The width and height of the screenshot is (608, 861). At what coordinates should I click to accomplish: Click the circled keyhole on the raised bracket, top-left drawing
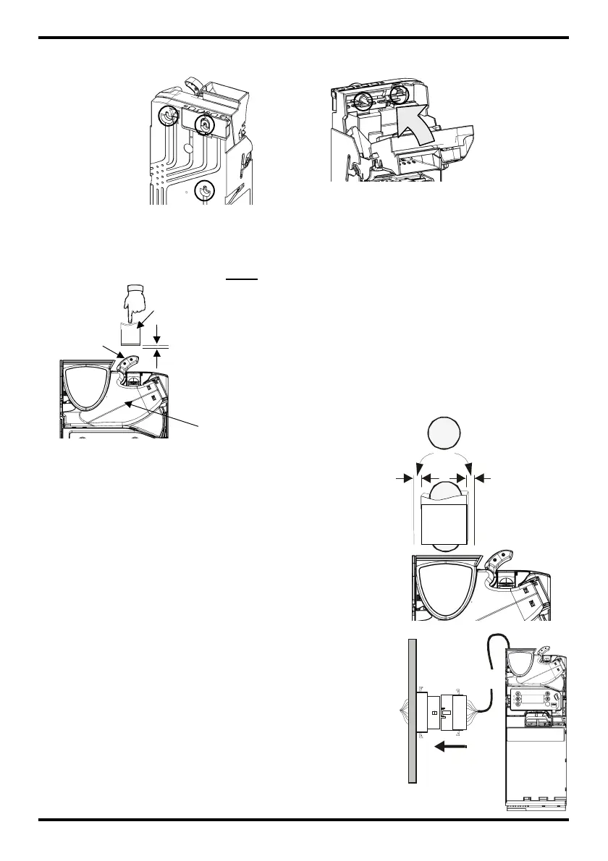coord(205,124)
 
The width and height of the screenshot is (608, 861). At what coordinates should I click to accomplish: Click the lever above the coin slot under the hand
coord(129,360)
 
